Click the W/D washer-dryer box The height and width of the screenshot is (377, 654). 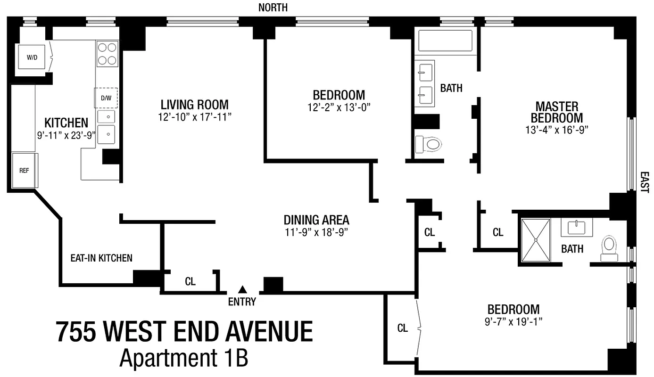coord(32,57)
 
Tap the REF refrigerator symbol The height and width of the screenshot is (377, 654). coord(24,170)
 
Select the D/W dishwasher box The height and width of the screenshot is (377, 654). coord(106,98)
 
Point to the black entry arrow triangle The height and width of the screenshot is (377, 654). coord(242,289)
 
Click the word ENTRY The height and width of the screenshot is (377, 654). coord(242,302)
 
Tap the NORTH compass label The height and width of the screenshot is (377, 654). coord(273,8)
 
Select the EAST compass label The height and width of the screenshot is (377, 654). coord(645,182)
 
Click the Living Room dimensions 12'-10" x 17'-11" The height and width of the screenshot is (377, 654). coord(195,117)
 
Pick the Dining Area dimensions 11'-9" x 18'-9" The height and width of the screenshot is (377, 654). coord(316,232)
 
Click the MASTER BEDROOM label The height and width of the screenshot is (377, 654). coord(557,112)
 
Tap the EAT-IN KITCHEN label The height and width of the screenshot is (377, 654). coord(101,258)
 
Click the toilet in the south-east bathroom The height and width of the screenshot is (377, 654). coord(609,248)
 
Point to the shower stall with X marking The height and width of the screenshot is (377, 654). coord(536,240)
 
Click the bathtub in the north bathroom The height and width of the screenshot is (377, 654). coord(445,41)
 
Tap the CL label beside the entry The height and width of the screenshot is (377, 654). coord(190,282)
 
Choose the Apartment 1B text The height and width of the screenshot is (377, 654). coord(184,358)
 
